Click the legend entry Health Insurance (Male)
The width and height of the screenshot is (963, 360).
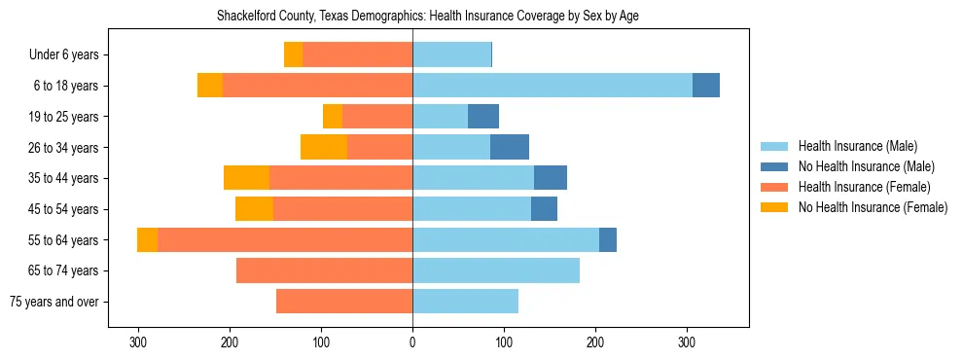click(857, 146)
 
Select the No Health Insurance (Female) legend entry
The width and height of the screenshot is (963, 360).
click(873, 207)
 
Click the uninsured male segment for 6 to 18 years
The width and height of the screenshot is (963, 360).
click(706, 86)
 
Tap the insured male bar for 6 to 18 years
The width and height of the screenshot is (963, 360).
click(553, 86)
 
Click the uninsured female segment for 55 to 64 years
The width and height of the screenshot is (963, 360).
click(147, 240)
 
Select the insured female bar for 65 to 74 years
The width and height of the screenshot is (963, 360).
click(324, 270)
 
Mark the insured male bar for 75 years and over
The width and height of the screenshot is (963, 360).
click(465, 302)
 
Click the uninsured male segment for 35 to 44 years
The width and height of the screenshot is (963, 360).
click(551, 178)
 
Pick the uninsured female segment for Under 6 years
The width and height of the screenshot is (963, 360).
click(293, 54)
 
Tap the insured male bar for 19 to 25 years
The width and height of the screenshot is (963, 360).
click(440, 117)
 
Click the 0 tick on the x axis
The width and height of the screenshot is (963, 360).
click(412, 342)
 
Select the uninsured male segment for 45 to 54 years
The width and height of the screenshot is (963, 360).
click(544, 209)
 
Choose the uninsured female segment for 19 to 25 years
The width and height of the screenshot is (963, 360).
click(333, 117)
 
